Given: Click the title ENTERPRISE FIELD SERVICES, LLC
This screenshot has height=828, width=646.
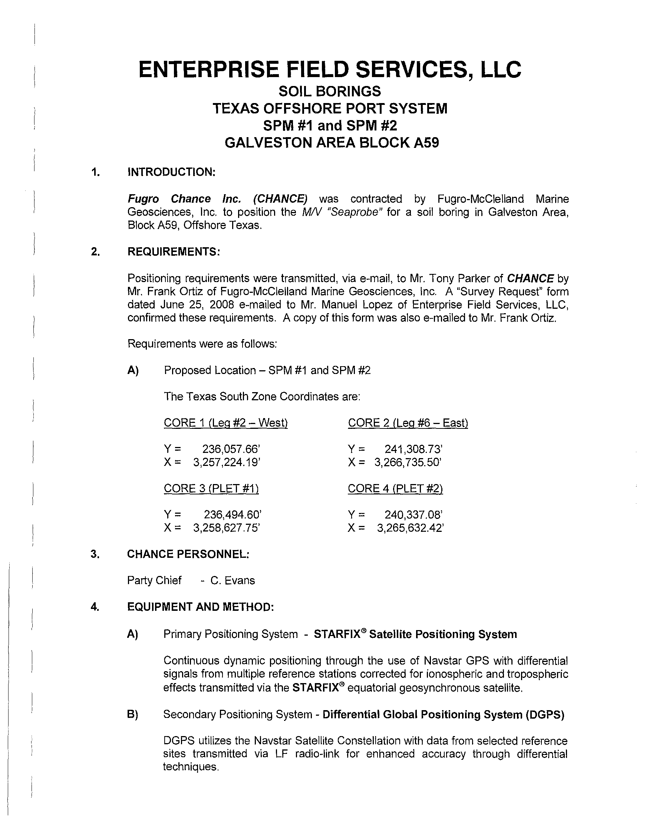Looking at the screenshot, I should (330, 70).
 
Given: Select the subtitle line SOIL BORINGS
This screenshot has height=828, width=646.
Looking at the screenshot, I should (330, 92).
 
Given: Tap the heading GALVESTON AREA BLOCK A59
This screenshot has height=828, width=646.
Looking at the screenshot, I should (332, 143).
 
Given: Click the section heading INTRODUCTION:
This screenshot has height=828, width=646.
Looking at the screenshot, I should (171, 172).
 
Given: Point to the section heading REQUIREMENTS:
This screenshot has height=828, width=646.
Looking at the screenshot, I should (174, 251).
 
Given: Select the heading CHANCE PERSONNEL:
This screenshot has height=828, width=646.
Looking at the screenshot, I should (188, 554).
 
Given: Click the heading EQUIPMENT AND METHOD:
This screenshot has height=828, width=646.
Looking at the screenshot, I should (200, 607).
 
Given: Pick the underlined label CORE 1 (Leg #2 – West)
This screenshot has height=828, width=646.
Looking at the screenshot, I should (226, 423).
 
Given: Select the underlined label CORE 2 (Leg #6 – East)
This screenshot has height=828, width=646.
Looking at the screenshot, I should (408, 423).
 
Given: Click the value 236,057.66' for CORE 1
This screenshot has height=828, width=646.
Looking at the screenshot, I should (231, 449).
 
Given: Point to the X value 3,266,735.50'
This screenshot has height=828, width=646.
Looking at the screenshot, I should (408, 463).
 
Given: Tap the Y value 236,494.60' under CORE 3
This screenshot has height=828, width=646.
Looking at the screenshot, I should (233, 515).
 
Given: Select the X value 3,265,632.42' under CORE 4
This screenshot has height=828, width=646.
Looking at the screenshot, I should (410, 528).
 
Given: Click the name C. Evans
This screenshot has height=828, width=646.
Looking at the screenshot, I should (233, 580).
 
